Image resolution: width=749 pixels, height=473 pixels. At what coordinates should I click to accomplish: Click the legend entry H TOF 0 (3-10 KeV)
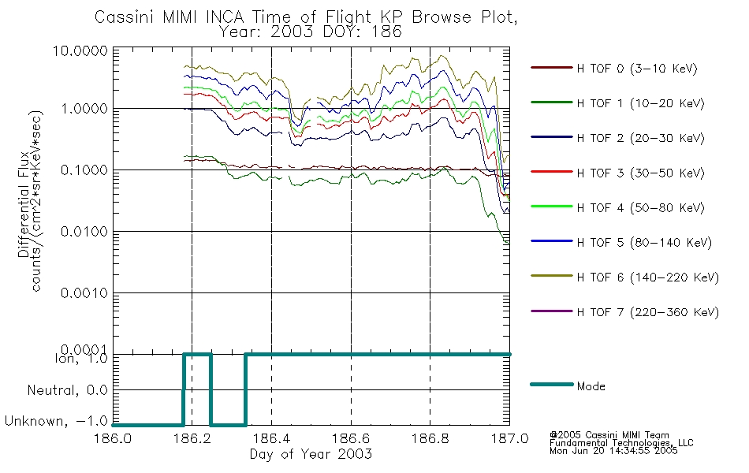pyautogui.click(x=637, y=69)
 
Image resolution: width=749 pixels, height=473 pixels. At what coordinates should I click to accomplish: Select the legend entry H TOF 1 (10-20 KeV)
pyautogui.click(x=640, y=103)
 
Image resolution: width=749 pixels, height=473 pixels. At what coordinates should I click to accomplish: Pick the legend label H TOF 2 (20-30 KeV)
pyautogui.click(x=640, y=138)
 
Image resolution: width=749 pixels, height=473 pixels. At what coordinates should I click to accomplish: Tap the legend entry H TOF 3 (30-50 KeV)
pyautogui.click(x=640, y=173)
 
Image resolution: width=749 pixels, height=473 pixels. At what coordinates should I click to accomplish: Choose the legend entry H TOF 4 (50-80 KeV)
pyautogui.click(x=640, y=208)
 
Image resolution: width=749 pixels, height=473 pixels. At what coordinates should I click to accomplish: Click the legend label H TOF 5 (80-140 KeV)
pyautogui.click(x=644, y=243)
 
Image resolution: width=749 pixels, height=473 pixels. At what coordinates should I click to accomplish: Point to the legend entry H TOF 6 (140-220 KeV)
pyautogui.click(x=647, y=277)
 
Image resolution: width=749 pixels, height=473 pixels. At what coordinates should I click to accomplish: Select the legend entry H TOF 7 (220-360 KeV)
pyautogui.click(x=647, y=312)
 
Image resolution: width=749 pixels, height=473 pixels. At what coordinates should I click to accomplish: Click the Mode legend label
pyautogui.click(x=591, y=386)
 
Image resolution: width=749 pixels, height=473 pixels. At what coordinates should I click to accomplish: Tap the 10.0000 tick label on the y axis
pyautogui.click(x=80, y=50)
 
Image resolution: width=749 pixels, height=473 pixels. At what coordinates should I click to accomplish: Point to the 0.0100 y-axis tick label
pyautogui.click(x=84, y=232)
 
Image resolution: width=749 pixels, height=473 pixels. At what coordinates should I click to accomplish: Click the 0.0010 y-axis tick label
pyautogui.click(x=84, y=293)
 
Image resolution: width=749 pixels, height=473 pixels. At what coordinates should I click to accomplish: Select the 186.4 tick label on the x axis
pyautogui.click(x=271, y=438)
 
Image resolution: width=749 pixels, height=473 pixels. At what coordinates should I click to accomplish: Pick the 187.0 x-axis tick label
pyautogui.click(x=509, y=438)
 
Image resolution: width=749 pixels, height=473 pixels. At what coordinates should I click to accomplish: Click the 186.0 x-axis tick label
pyautogui.click(x=113, y=438)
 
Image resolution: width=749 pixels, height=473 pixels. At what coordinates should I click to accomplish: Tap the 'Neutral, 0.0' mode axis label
pyautogui.click(x=67, y=391)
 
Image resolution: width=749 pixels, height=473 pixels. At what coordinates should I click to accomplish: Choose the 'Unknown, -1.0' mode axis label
pyautogui.click(x=56, y=422)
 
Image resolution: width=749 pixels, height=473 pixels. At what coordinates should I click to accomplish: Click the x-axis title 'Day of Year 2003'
pyautogui.click(x=311, y=454)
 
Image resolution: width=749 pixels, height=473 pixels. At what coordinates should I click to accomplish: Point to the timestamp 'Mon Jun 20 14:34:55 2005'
pyautogui.click(x=613, y=450)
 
